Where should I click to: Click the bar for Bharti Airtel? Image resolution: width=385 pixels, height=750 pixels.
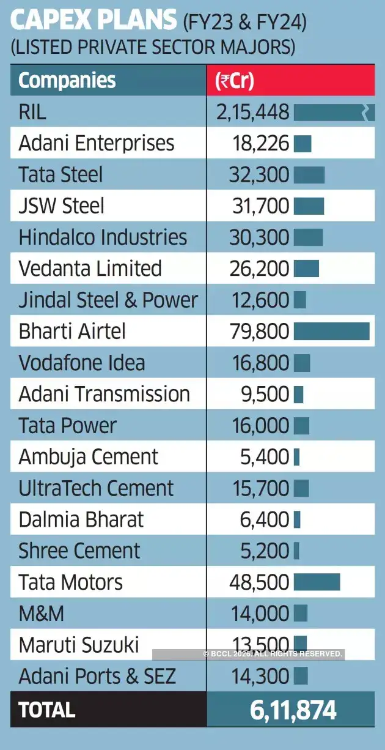tap(331, 331)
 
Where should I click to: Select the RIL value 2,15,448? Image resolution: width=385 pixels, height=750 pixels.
tap(252, 112)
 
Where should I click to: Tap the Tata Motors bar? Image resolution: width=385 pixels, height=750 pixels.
tap(317, 582)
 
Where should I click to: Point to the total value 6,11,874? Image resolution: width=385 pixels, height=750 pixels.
tap(293, 710)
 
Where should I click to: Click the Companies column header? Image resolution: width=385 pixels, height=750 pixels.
tap(67, 80)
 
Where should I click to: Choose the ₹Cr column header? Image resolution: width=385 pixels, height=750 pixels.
tap(235, 81)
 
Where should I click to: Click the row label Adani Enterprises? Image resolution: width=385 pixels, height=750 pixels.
tap(97, 143)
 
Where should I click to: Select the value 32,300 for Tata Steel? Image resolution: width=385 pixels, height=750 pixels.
tap(259, 175)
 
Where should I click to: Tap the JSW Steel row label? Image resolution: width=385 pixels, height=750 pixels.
tap(62, 206)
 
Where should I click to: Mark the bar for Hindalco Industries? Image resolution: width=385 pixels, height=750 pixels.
tap(308, 237)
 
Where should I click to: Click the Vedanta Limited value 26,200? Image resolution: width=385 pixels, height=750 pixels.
tap(259, 269)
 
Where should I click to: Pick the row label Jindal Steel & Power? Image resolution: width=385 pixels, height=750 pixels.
tap(108, 300)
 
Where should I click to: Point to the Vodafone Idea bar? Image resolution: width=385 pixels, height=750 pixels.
tap(302, 363)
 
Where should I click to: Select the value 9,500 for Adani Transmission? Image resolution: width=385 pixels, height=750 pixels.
tap(265, 394)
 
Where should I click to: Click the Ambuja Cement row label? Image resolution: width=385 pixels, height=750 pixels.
tap(89, 457)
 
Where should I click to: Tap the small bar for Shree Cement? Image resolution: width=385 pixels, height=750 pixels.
tap(296, 551)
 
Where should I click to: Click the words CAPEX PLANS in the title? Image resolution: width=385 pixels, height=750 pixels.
tap(92, 22)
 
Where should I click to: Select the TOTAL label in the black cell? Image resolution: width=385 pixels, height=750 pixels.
tap(47, 710)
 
